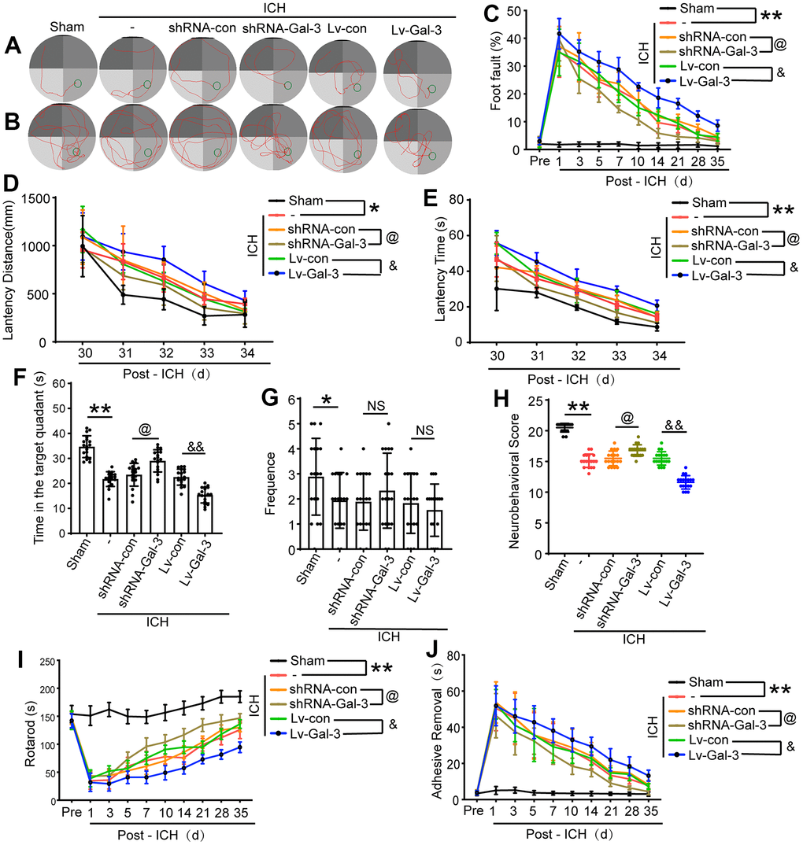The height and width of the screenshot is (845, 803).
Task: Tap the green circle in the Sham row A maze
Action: [78, 83]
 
